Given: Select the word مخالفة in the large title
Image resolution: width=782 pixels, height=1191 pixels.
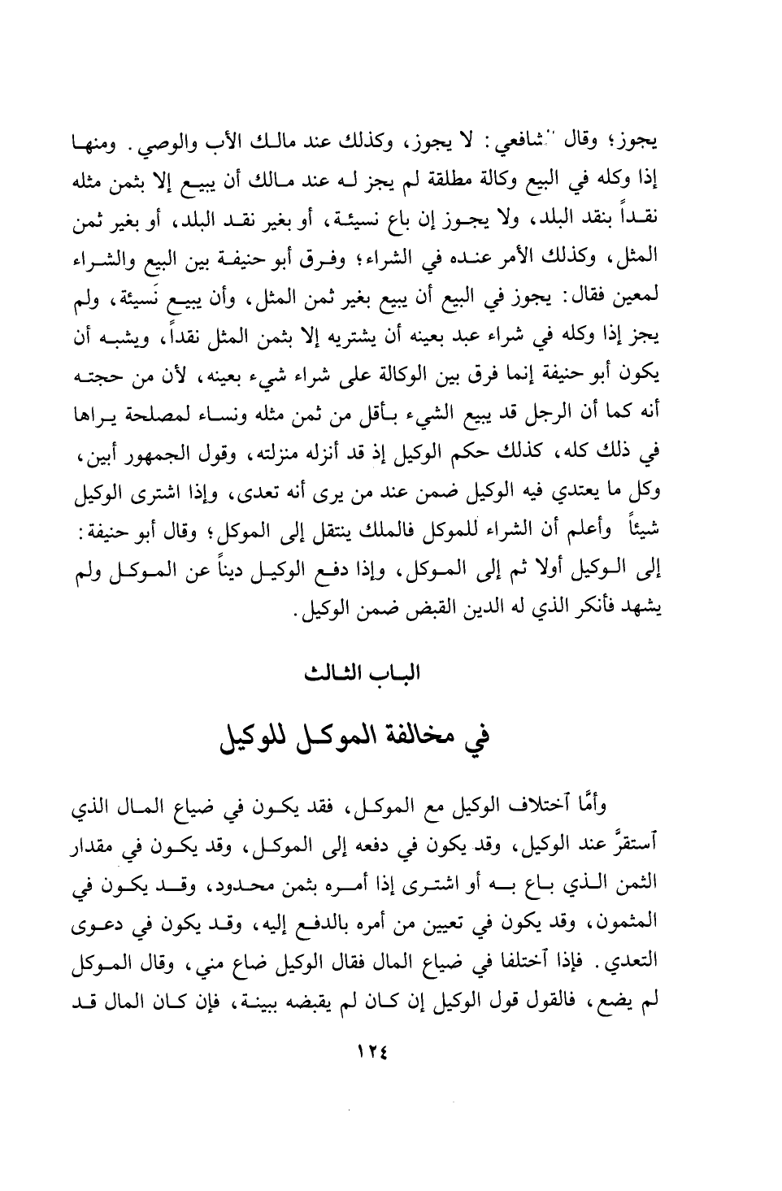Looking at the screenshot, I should coord(415,738).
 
